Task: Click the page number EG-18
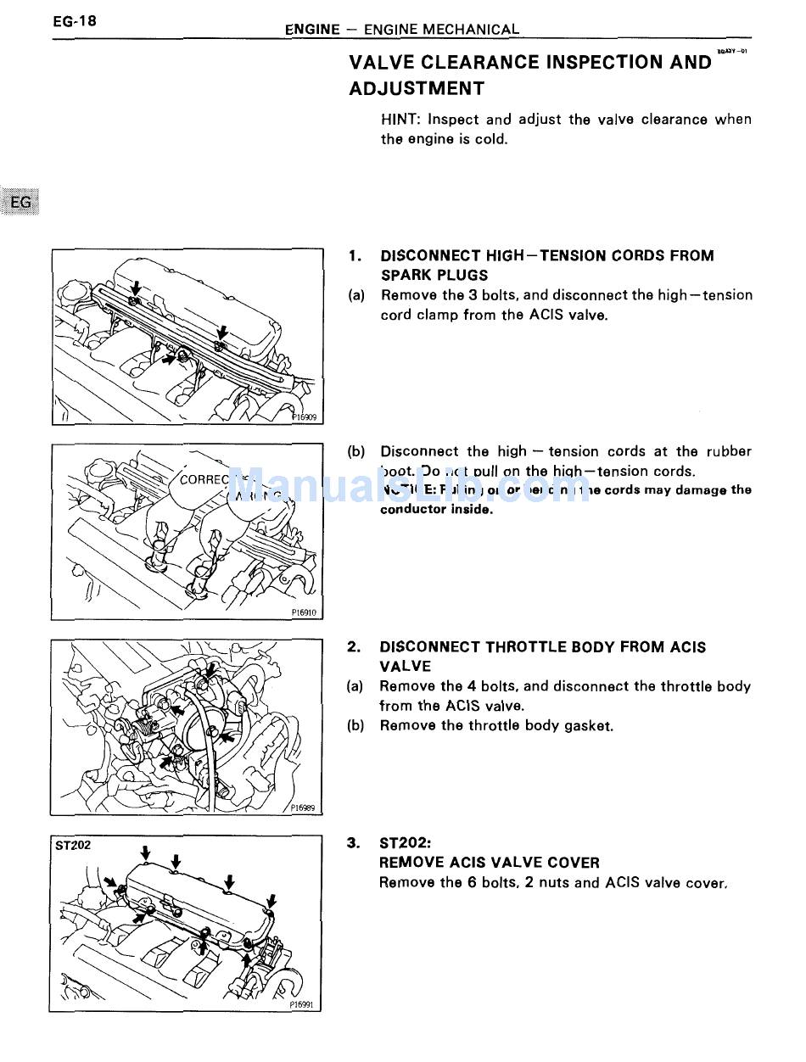(73, 21)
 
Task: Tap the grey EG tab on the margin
(21, 202)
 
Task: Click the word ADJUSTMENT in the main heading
(417, 88)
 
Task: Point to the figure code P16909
(304, 417)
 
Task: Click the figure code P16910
(303, 612)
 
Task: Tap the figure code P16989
(302, 808)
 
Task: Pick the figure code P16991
(301, 1003)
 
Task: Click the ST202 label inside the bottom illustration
(73, 846)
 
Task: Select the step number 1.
(355, 255)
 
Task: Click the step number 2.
(355, 647)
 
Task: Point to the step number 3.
(355, 843)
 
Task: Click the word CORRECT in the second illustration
(204, 479)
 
